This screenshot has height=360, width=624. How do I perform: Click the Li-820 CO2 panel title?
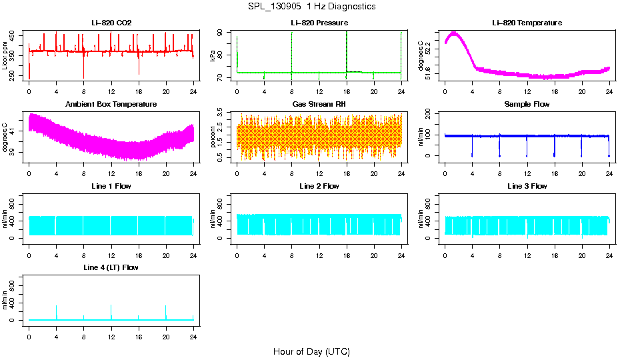point(111,23)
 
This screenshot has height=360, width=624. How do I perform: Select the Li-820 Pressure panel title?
point(319,23)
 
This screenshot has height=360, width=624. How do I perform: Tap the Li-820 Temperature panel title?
point(527,23)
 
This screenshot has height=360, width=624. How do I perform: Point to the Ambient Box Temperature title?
point(111,104)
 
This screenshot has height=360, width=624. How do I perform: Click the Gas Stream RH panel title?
point(319,104)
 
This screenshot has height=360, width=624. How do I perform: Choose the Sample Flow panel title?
point(527,104)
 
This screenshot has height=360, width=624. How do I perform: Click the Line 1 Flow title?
point(111,186)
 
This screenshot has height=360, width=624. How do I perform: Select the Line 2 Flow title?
point(319,186)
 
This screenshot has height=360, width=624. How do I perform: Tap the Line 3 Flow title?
point(527,186)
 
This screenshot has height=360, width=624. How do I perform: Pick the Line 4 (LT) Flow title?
point(111,267)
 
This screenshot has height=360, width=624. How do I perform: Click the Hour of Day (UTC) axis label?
point(311,351)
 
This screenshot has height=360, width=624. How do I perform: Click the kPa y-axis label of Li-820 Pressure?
point(213,56)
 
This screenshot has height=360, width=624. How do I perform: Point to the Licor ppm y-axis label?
point(5,56)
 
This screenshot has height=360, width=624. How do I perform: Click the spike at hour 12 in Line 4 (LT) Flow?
point(111,306)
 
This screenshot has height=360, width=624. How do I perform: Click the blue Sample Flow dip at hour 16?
point(554,155)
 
